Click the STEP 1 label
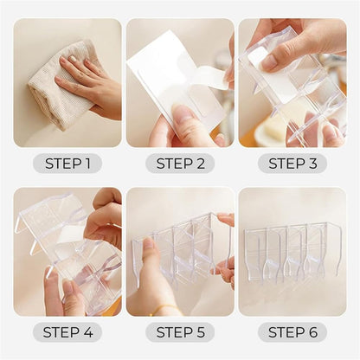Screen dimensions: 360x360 point(67,164)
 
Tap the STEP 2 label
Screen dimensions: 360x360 point(180,164)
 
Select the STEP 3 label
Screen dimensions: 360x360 point(292,164)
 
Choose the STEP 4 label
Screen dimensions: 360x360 point(67,332)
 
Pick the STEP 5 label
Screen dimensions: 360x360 point(180,332)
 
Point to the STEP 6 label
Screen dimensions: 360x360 point(292,332)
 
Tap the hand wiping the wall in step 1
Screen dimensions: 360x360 point(91,82)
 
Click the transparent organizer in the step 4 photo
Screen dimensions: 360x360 point(65,251)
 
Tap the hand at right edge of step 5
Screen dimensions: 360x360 point(227,260)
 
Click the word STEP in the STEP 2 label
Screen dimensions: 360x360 point(171,164)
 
